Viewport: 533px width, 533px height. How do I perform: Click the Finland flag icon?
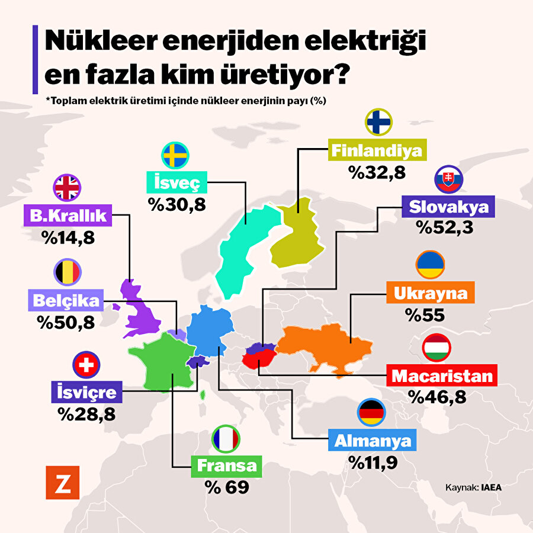pos(377,123)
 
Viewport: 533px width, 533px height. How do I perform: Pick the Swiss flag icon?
pos(85,365)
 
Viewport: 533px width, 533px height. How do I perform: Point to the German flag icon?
pos(372,412)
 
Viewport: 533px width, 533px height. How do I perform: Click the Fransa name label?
pos(224,465)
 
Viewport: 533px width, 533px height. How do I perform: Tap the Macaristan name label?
pos(442,376)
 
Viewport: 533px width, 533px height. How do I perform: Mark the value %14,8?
pos(68,237)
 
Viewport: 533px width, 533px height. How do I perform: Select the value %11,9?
pos(372,462)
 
